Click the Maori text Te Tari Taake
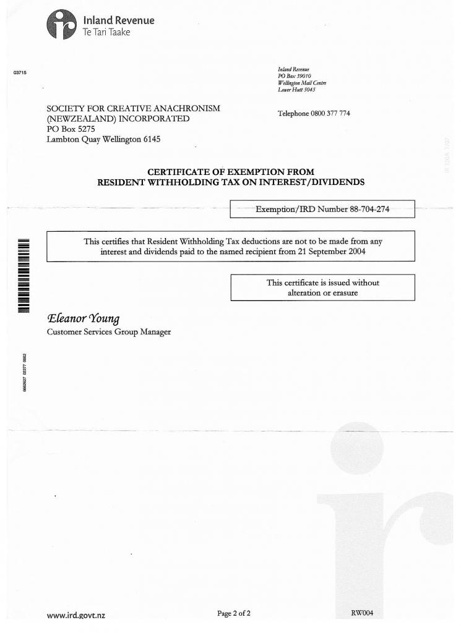[x=106, y=32]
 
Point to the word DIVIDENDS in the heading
[x=334, y=182]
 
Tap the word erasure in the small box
[x=343, y=292]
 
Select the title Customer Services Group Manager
[x=109, y=333]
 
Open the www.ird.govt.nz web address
[x=80, y=615]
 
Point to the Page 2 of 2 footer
[x=233, y=613]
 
